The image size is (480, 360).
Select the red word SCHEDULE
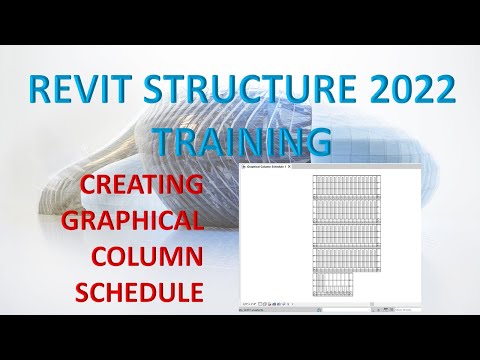click(x=139, y=291)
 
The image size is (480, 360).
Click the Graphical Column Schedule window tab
click(x=263, y=166)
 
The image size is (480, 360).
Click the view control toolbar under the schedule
click(x=268, y=303)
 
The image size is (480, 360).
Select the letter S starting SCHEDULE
click(x=84, y=291)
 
